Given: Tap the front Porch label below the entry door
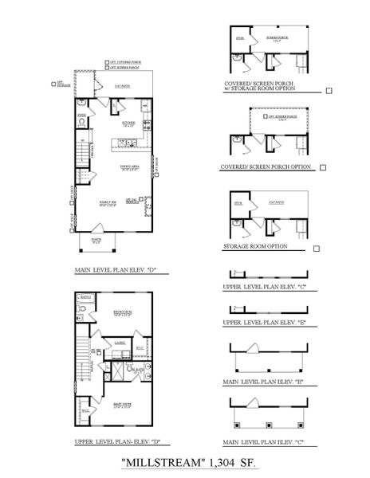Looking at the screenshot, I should pyautogui.click(x=96, y=237).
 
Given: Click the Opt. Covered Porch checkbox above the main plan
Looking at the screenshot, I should pyautogui.click(x=106, y=61).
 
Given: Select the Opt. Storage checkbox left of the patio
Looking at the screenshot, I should pyautogui.click(x=50, y=82).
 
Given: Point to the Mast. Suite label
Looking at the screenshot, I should pyautogui.click(x=122, y=406).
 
